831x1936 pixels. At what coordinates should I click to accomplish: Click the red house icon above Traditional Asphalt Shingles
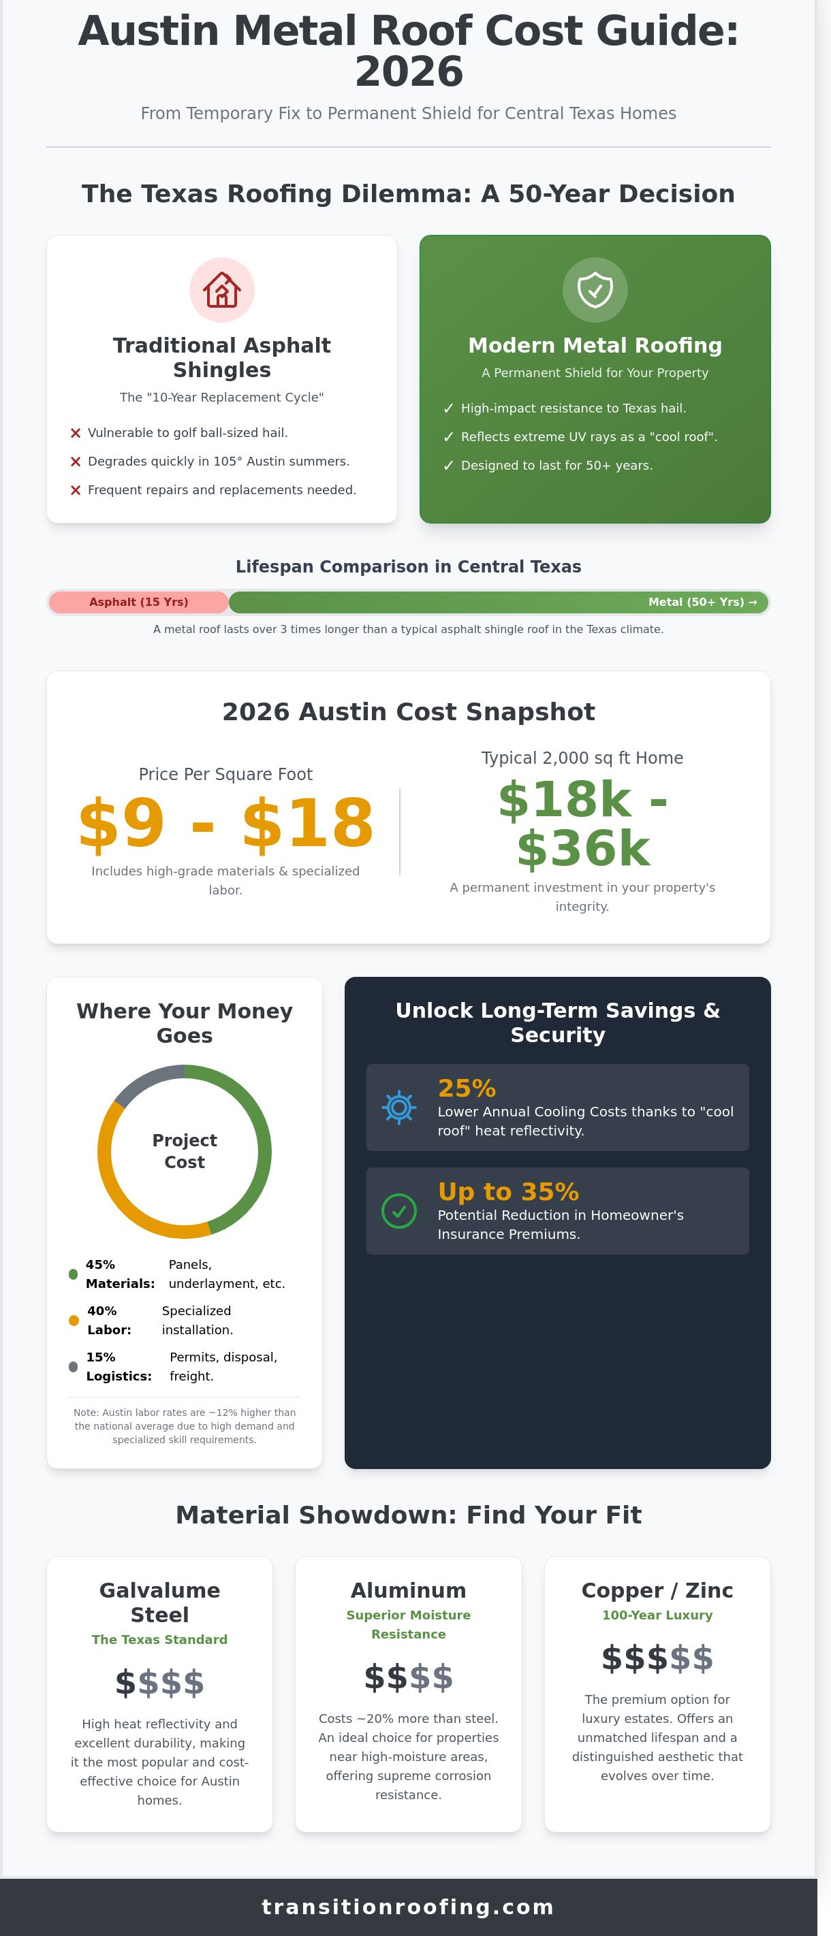coord(222,289)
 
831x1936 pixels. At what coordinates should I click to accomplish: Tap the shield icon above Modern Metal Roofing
coord(595,289)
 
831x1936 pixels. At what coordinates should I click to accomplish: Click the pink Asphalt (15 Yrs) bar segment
coord(138,602)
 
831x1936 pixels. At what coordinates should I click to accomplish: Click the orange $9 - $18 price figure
coord(225,823)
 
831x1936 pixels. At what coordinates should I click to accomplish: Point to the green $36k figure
coord(583,848)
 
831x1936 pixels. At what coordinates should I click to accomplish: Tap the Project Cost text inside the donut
coord(184,1150)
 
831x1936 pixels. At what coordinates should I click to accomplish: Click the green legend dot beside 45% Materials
coord(73,1274)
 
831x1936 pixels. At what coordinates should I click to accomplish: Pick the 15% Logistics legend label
coord(118,1366)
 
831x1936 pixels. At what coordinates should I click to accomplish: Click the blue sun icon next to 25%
coord(399,1107)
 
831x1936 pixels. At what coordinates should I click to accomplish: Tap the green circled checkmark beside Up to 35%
coord(399,1211)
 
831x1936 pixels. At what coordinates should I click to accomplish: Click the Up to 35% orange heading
coord(508,1191)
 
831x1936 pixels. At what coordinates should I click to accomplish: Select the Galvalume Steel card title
coord(159,1602)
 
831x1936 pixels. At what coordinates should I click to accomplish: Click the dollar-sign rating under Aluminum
coord(409,1677)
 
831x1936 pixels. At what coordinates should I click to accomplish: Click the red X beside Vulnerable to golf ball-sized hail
coord(75,433)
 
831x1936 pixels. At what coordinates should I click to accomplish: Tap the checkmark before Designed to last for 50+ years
coord(449,465)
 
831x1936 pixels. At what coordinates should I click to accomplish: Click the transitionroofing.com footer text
coord(407,1907)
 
